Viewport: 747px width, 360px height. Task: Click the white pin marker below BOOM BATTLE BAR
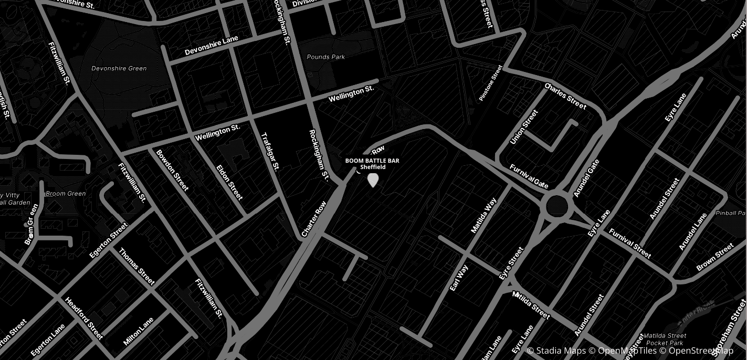(x=373, y=180)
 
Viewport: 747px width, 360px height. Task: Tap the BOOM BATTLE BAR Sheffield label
(x=372, y=163)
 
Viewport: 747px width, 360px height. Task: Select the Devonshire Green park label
(x=119, y=68)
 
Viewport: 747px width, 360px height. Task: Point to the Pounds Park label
(x=326, y=57)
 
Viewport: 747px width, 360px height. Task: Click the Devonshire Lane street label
(x=212, y=46)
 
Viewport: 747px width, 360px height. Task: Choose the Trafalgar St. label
(x=270, y=151)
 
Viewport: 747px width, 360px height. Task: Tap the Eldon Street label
(x=229, y=182)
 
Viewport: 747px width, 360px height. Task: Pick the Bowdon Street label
(x=172, y=170)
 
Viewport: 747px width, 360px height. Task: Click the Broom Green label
(x=66, y=194)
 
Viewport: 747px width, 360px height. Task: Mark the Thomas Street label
(x=137, y=267)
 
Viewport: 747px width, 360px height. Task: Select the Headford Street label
(x=84, y=318)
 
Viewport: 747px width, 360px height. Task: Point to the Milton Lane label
(x=139, y=331)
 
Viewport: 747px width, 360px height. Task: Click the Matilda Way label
(x=483, y=215)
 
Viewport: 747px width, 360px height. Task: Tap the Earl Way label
(x=459, y=278)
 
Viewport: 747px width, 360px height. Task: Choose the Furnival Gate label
(x=529, y=176)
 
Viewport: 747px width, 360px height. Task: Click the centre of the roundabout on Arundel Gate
(x=557, y=207)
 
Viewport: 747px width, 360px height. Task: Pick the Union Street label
(x=524, y=127)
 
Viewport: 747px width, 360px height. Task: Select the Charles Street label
(x=565, y=96)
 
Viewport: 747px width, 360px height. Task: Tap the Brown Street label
(x=715, y=257)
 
